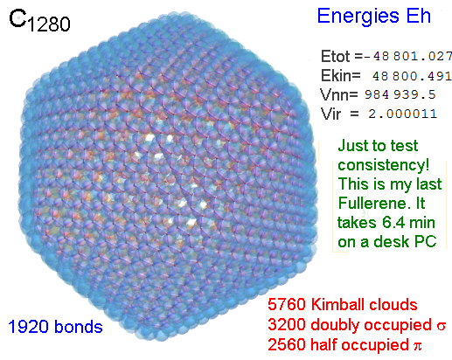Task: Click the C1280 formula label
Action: [39, 21]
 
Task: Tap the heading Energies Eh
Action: [374, 16]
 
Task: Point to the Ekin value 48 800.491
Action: [412, 76]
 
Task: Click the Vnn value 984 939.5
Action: [400, 94]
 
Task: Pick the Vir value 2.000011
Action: [403, 114]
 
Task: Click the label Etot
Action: [335, 56]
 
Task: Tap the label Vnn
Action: [339, 94]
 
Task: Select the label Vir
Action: [330, 114]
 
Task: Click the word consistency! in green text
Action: [384, 165]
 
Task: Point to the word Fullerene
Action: [372, 203]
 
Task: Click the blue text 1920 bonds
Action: [55, 327]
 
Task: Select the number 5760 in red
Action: [287, 305]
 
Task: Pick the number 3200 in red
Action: [287, 325]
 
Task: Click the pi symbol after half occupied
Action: [417, 346]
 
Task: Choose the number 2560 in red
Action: [287, 344]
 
